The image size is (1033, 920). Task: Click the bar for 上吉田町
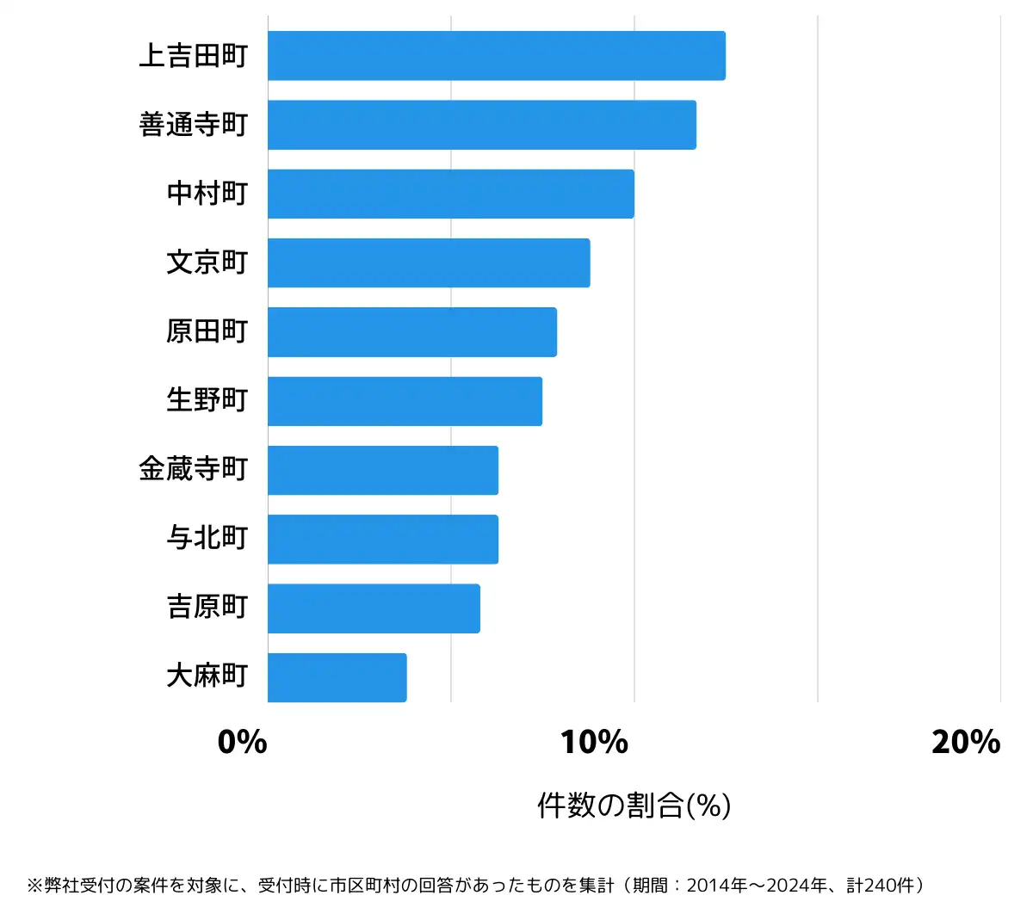496,56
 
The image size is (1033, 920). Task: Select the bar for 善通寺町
481,125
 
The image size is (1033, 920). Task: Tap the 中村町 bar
450,194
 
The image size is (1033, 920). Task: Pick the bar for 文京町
429,262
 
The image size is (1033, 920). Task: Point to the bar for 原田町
411,331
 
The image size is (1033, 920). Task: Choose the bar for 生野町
405,401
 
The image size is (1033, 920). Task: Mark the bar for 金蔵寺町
382,470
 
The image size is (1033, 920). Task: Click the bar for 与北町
382,539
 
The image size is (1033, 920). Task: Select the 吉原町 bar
374,608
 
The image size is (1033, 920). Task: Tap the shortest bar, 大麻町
337,677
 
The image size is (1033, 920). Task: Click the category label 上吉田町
194,56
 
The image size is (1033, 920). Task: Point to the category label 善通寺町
194,125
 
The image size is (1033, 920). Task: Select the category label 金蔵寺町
194,470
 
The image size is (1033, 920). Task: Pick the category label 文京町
207,262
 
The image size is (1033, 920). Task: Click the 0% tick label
242,742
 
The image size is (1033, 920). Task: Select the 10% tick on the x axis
594,742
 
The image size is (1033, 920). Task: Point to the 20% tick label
965,742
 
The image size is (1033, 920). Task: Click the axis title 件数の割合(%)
634,806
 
